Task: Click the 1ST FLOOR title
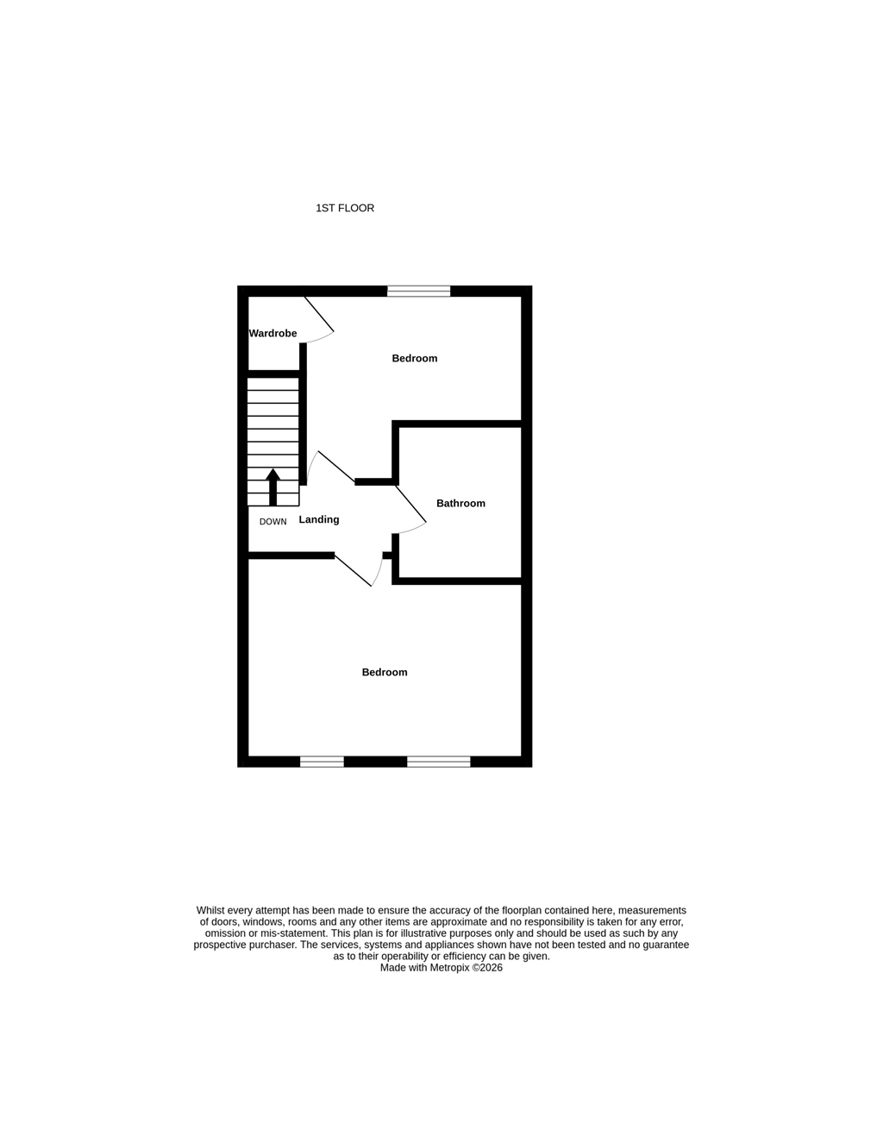[x=345, y=208]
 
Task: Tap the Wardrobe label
[x=273, y=333]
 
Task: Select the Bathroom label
[x=460, y=503]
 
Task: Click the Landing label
[x=319, y=520]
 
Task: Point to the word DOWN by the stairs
[x=273, y=522]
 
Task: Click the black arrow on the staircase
[x=273, y=487]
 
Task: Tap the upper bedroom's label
[x=415, y=358]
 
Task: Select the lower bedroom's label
[x=385, y=673]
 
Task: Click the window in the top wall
[x=419, y=291]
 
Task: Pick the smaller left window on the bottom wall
[x=323, y=762]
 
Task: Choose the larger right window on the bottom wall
[x=439, y=762]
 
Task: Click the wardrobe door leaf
[x=319, y=313]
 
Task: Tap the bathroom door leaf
[x=411, y=503]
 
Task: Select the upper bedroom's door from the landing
[x=336, y=467]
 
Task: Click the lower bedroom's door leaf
[x=353, y=570]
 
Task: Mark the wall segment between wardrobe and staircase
[x=274, y=374]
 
